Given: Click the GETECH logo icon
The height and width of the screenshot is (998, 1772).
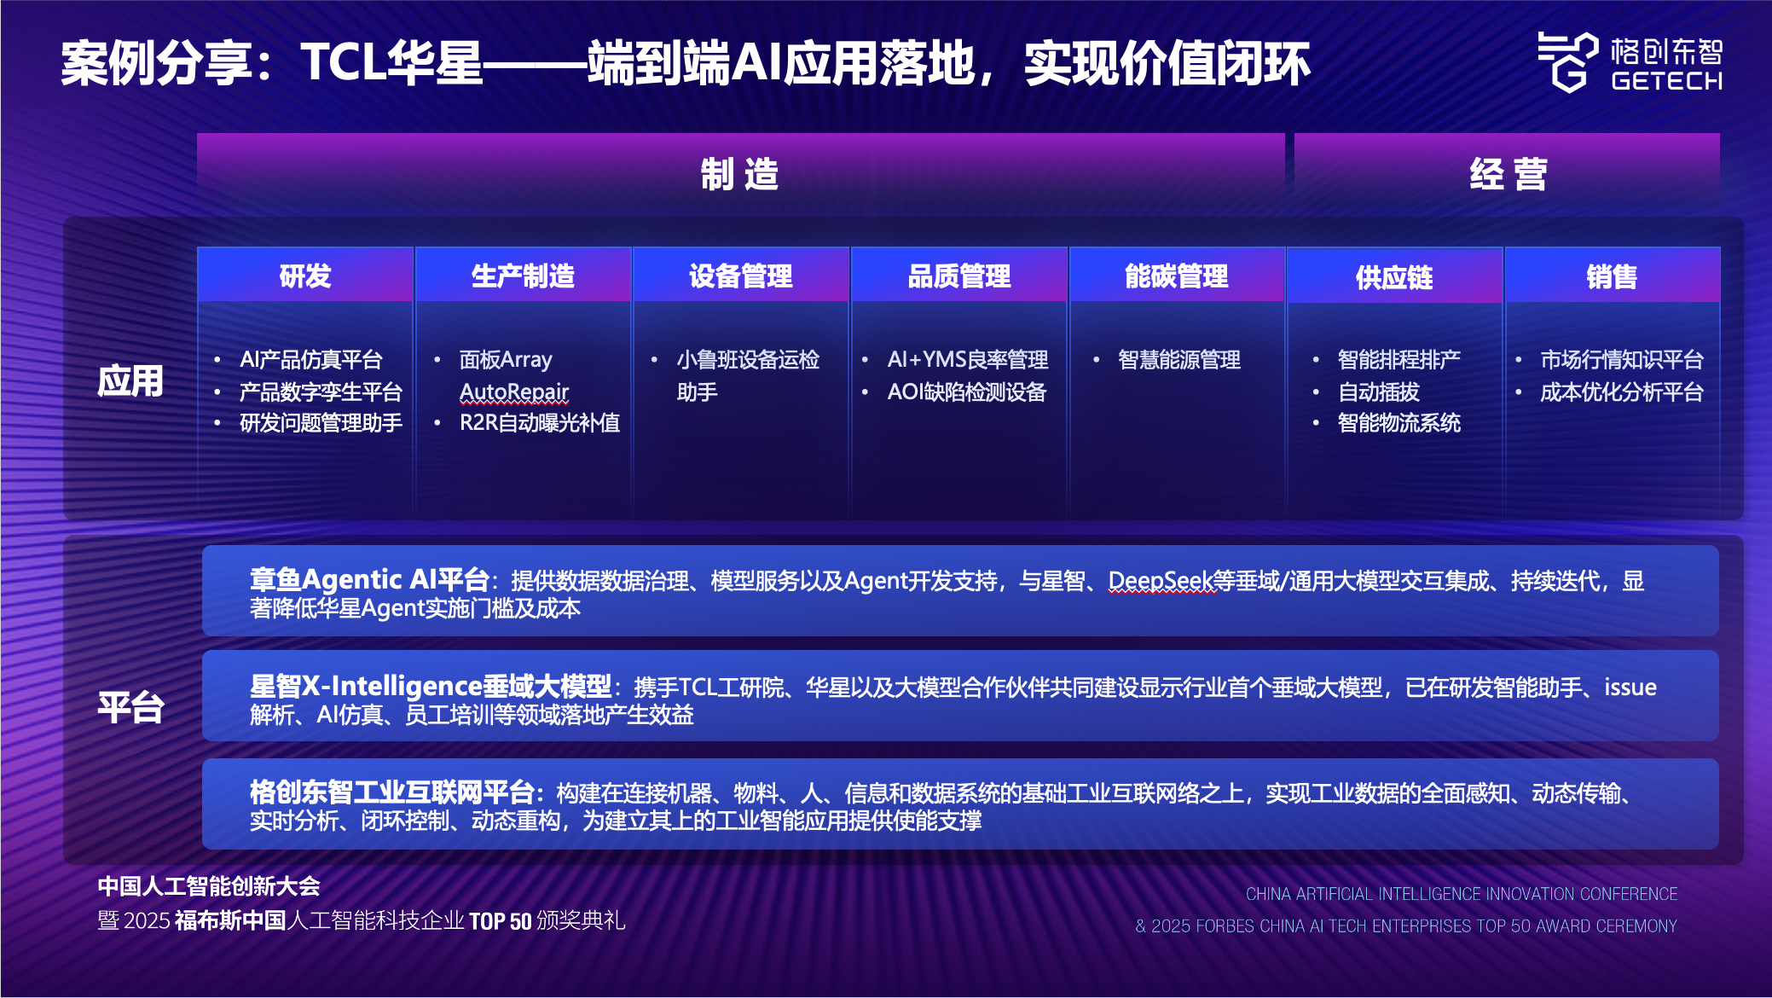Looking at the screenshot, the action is pyautogui.click(x=1567, y=61).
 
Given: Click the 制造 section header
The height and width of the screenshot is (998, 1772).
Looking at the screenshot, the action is pyautogui.click(x=740, y=174).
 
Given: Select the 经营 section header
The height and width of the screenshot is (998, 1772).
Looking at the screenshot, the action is pyautogui.click(x=1508, y=174).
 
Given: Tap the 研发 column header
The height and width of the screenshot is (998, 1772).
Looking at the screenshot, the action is pyautogui.click(x=305, y=276).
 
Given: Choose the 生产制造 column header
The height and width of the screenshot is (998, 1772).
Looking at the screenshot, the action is pyautogui.click(x=524, y=276).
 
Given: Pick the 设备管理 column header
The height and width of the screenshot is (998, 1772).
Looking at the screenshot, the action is pyautogui.click(x=741, y=276).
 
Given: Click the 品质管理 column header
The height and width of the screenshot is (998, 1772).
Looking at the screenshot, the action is pyautogui.click(x=959, y=276).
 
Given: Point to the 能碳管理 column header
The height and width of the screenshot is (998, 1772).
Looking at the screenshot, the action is pyautogui.click(x=1177, y=276).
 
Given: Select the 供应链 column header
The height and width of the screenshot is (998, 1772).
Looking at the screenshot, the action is pyautogui.click(x=1395, y=276).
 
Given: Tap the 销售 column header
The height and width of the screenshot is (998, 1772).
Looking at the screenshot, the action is pyautogui.click(x=1613, y=276).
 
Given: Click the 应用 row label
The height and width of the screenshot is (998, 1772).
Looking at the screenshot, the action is pyautogui.click(x=130, y=380).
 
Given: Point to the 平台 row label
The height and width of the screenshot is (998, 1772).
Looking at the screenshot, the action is pyautogui.click(x=130, y=707).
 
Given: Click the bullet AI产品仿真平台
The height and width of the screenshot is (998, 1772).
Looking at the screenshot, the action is pyautogui.click(x=311, y=360).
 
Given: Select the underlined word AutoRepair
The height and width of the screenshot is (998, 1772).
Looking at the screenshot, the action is pyautogui.click(x=514, y=392).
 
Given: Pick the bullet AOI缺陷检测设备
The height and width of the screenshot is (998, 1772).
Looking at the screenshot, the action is pyautogui.click(x=967, y=392).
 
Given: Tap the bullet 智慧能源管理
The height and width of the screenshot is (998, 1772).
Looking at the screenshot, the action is pyautogui.click(x=1179, y=360).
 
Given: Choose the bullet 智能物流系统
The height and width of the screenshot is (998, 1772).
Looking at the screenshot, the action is pyautogui.click(x=1399, y=423).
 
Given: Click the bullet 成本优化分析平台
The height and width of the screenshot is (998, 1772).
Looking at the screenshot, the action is pyautogui.click(x=1622, y=392).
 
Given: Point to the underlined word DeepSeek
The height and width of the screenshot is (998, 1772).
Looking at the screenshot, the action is pyautogui.click(x=1161, y=581).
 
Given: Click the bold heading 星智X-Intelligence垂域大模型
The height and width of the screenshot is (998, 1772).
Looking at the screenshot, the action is pyautogui.click(x=431, y=686).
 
